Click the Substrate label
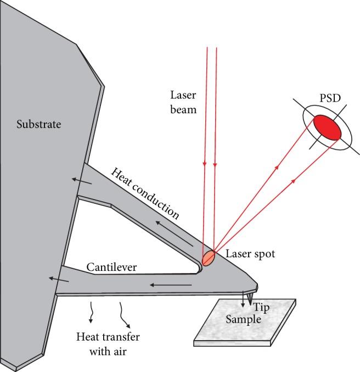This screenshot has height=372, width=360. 38,124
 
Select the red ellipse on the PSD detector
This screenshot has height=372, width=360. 327,127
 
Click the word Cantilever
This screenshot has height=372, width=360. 111,268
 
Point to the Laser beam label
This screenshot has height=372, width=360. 183,101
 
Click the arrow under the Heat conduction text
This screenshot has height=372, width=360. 172,233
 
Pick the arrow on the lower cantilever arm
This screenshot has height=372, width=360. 171,285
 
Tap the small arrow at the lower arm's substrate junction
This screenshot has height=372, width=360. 60,279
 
